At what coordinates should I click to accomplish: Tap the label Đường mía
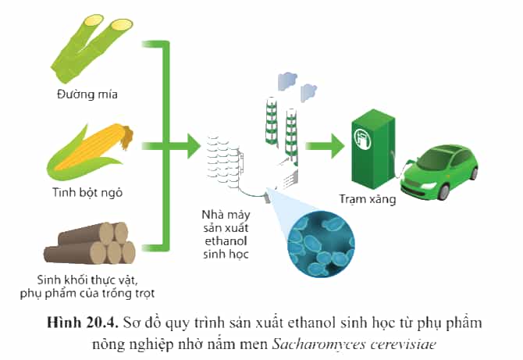pos(87,94)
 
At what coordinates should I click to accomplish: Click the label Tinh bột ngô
pos(87,193)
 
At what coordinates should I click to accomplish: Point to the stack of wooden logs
pos(90,243)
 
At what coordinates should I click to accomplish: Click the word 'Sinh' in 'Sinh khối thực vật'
pos(47,280)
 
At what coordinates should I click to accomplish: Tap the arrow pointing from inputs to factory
pos(171,146)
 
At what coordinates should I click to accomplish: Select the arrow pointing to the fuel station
pos(325,146)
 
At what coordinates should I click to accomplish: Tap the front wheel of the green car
pos(443,191)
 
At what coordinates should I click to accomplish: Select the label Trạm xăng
pos(368,199)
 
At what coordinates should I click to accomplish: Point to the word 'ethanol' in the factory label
pos(226,241)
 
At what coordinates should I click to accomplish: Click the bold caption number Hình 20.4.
pos(83,323)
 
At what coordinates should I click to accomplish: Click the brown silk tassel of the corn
pos(126,137)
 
